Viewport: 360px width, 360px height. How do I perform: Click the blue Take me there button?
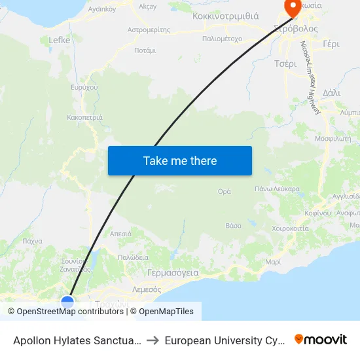(x=180, y=160)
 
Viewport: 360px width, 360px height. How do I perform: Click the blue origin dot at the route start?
(x=67, y=302)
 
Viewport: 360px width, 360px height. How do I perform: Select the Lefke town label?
(x=60, y=40)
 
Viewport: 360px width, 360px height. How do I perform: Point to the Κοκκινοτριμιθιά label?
(x=225, y=16)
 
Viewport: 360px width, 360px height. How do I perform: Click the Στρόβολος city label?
(x=296, y=29)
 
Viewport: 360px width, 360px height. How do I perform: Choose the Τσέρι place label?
(x=285, y=63)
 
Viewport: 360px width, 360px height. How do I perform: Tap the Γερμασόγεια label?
(x=173, y=272)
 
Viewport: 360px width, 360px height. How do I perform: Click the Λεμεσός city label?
(x=147, y=289)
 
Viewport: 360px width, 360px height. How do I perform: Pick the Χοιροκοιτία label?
(x=290, y=228)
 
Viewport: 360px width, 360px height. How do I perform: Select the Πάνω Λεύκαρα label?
(x=277, y=189)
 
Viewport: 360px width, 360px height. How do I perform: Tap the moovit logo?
(x=320, y=340)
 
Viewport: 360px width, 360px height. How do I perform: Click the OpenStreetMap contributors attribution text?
(x=69, y=312)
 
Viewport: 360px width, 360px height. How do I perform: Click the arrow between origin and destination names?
(x=151, y=340)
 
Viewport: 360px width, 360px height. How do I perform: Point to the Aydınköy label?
(x=102, y=9)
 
